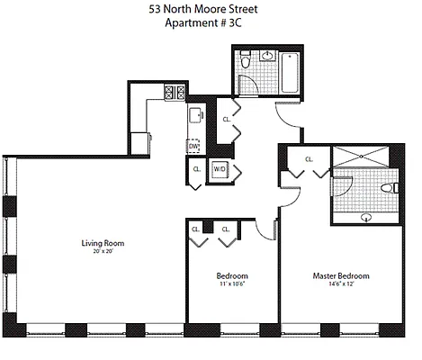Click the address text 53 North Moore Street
pyautogui.click(x=210, y=12)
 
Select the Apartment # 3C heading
pyautogui.click(x=210, y=26)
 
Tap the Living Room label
pyautogui.click(x=103, y=244)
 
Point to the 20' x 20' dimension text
pyautogui.click(x=103, y=253)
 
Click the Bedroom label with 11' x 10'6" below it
pyautogui.click(x=232, y=275)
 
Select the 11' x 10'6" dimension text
pyautogui.click(x=232, y=284)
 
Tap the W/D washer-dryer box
pyautogui.click(x=220, y=168)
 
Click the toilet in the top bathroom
pyautogui.click(x=245, y=64)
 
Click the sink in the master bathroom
pyautogui.click(x=366, y=217)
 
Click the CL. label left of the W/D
pyautogui.click(x=196, y=168)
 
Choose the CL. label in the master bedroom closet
pyautogui.click(x=310, y=159)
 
